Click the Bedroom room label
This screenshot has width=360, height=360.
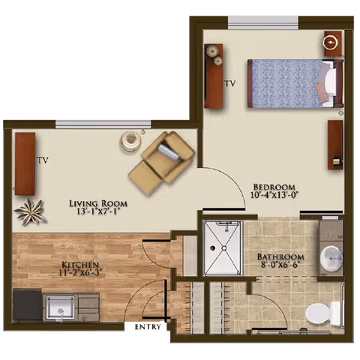click(274, 187)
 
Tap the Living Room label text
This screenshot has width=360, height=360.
click(98, 203)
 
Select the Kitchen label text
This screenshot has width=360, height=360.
click(81, 265)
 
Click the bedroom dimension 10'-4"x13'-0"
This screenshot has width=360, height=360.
click(274, 196)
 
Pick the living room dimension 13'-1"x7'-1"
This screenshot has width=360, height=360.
click(98, 213)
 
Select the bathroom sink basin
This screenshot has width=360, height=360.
click(331, 259)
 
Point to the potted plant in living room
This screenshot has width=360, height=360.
click(31, 211)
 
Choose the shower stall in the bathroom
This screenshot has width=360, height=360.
click(223, 247)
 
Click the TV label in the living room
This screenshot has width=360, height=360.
click(43, 160)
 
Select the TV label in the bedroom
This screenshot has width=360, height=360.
click(230, 83)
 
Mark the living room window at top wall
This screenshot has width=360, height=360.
click(103, 124)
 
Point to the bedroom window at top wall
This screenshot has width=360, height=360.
click(262, 22)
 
